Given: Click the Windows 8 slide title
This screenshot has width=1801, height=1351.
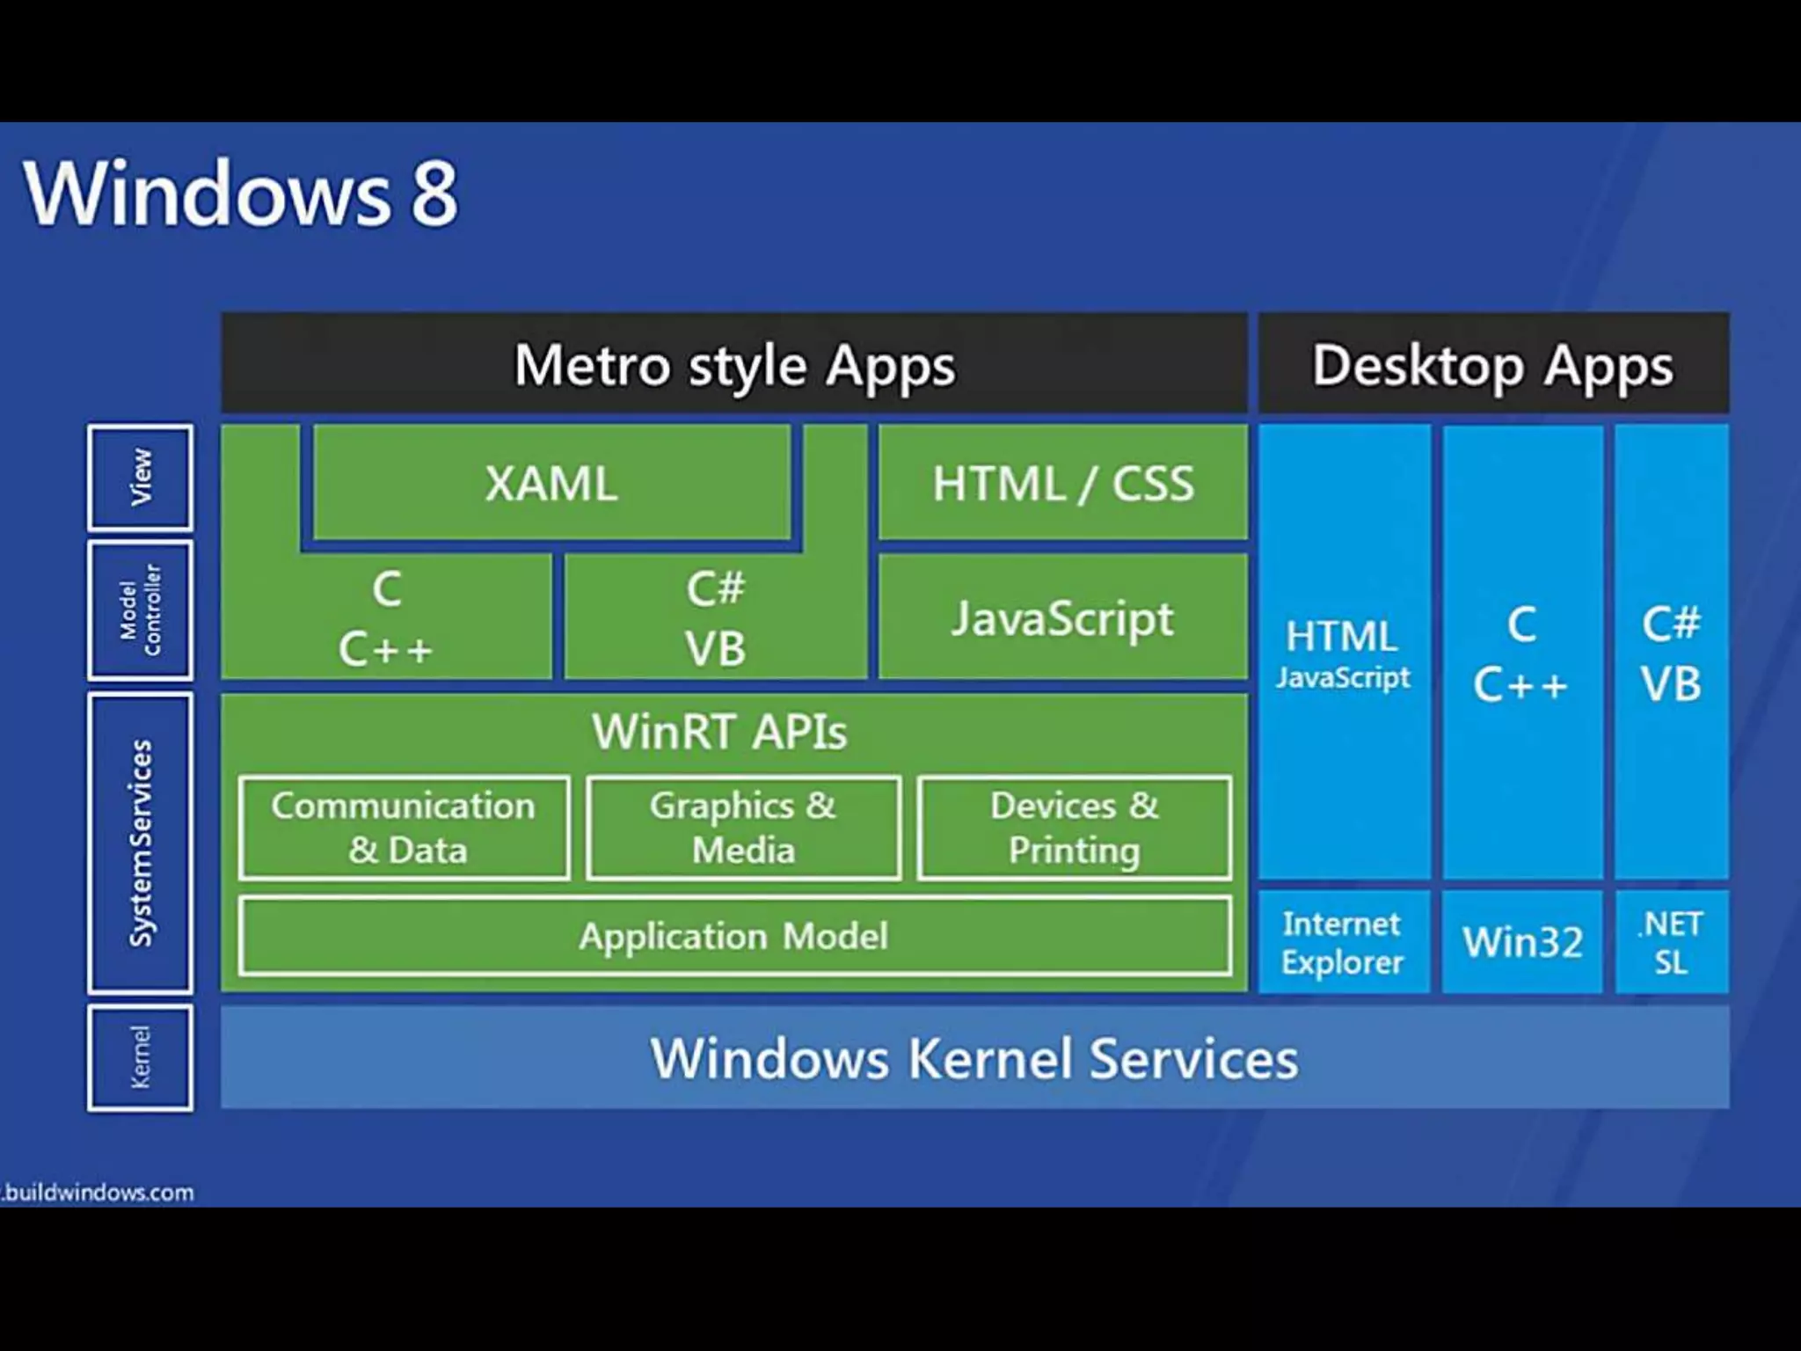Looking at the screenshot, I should pos(240,193).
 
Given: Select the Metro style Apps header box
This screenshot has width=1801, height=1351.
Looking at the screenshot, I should pos(733,364).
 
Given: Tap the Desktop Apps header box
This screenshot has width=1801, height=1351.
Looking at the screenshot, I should pos(1492,364).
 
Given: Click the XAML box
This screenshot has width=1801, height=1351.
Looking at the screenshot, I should pos(551,483).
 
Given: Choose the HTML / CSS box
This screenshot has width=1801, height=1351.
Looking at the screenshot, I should pos(1062,483).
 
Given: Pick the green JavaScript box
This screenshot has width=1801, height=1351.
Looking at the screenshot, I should pos(1062,617).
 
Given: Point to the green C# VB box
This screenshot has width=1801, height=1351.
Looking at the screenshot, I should pos(715,617).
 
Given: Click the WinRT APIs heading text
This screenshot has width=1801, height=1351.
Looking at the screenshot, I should pos(719,732).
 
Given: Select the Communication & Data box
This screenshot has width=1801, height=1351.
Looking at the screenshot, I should pos(404,828).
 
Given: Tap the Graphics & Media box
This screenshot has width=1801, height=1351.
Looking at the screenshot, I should pos(743,828).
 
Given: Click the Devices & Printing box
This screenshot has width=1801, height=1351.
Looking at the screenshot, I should pos(1074,828).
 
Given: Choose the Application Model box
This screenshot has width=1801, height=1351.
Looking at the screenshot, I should pos(733,936).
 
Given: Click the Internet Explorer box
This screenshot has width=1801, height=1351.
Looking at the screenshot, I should pos(1343,943).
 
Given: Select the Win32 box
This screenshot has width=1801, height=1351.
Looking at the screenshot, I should pos(1522,943).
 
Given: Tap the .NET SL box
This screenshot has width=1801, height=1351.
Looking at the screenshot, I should pos(1671,943).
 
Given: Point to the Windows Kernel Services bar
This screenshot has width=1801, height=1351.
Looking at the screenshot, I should pos(973,1057).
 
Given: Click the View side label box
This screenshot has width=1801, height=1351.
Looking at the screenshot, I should pos(141,478).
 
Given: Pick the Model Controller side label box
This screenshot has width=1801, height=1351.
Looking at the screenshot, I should pos(141,610).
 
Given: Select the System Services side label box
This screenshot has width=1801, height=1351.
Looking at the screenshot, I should pos(141,843).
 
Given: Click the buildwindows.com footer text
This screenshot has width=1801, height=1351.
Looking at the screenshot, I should pos(98,1193).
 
